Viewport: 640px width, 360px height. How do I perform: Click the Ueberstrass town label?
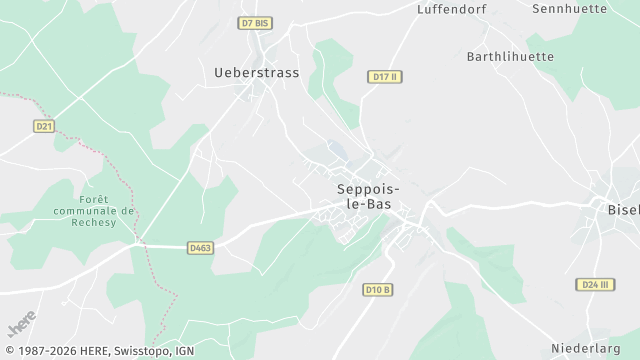[256, 72]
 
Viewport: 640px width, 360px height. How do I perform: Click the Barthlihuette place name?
[510, 57]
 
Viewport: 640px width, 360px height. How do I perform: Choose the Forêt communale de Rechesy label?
[91, 211]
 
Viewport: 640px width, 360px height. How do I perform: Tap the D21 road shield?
[43, 126]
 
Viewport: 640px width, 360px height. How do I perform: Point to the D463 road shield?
[201, 246]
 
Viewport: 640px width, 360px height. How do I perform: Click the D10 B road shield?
[377, 289]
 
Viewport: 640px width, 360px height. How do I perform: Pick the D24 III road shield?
[596, 284]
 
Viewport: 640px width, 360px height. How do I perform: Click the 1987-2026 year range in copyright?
[34, 351]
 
